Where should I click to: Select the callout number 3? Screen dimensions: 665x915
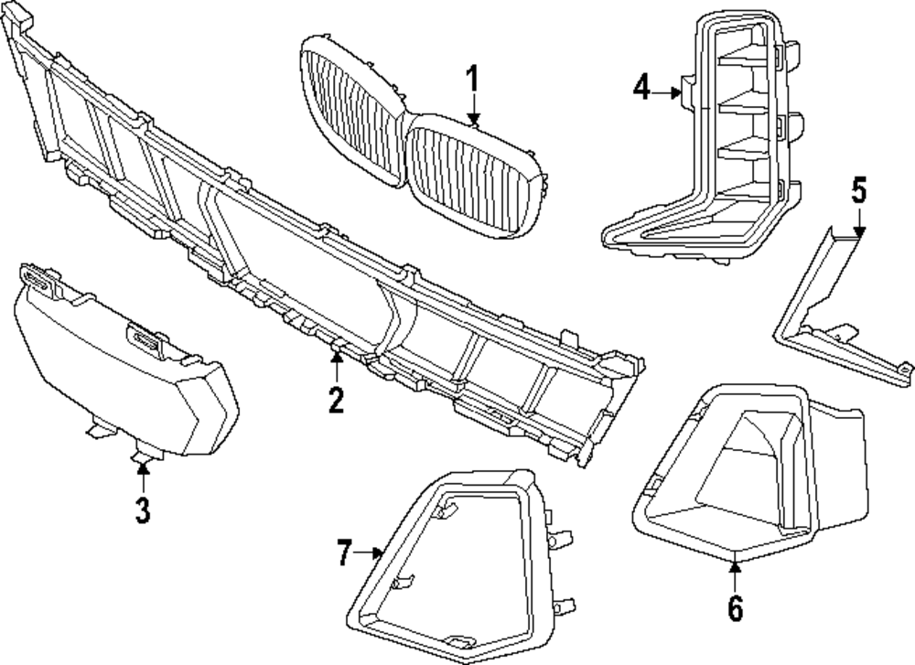(142, 509)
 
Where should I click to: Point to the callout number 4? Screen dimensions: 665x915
(640, 89)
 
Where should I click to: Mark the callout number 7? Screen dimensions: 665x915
(344, 552)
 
